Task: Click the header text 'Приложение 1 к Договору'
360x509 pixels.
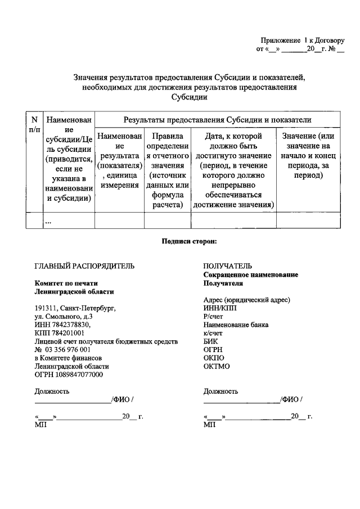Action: [302, 40]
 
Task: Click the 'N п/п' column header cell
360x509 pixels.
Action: [34, 124]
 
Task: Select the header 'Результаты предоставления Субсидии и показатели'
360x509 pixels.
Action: [217, 120]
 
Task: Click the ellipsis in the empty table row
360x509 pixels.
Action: [48, 222]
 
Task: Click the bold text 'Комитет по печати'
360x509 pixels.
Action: [66, 283]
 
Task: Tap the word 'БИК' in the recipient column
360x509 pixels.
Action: [211, 341]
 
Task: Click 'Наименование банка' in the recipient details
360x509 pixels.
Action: [236, 325]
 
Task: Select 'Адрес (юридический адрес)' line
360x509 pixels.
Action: [247, 300]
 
